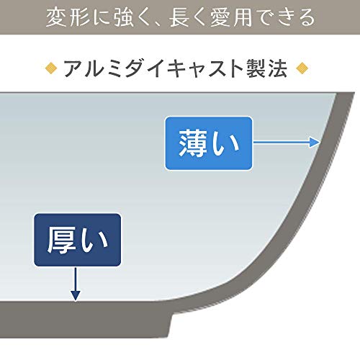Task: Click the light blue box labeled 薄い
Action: [x=209, y=143]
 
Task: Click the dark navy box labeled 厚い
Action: [x=77, y=240]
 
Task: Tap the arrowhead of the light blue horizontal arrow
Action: [x=315, y=142]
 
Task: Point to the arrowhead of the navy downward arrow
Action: [x=76, y=295]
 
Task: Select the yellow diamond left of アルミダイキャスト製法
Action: [x=51, y=68]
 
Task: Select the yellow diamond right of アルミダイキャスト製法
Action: [x=302, y=68]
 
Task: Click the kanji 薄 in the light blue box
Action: [x=193, y=143]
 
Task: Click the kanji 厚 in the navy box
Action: [x=60, y=240]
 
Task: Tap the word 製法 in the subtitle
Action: [x=267, y=68]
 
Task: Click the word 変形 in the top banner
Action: [x=68, y=17]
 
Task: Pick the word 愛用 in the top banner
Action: [x=231, y=17]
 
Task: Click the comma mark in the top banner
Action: [x=158, y=23]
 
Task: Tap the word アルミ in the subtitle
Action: [x=93, y=68]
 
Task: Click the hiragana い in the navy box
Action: [x=94, y=240]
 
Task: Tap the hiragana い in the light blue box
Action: [x=226, y=144]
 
